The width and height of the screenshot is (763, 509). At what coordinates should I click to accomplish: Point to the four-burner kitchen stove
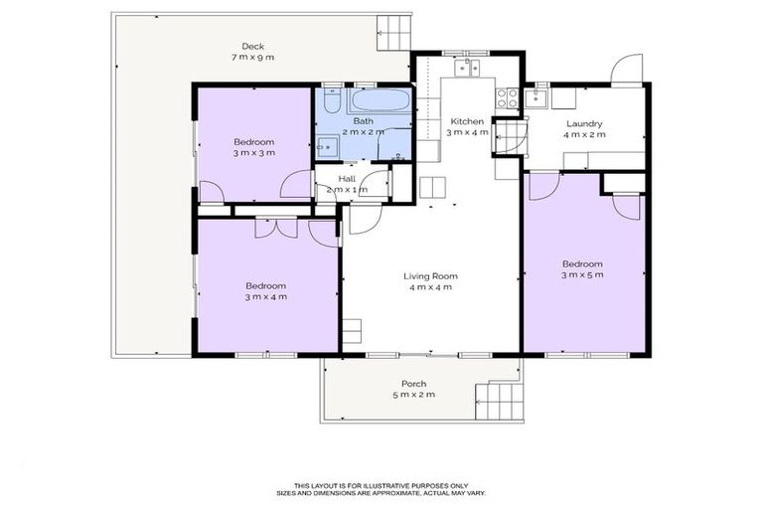[x=507, y=96]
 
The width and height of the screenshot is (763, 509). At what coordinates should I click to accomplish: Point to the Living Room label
[x=429, y=275]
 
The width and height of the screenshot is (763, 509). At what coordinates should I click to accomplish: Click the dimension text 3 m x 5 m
[x=582, y=274]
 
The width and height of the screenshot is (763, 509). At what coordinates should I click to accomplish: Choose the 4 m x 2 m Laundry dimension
[x=584, y=135]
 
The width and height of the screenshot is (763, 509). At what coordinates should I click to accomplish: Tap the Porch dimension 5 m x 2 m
[x=413, y=396]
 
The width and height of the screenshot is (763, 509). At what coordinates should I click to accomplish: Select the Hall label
[x=346, y=178]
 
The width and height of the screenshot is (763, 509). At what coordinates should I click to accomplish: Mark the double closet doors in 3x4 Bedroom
[x=268, y=228]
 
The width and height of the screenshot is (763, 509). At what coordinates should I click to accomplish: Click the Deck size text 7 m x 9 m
[x=253, y=58]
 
